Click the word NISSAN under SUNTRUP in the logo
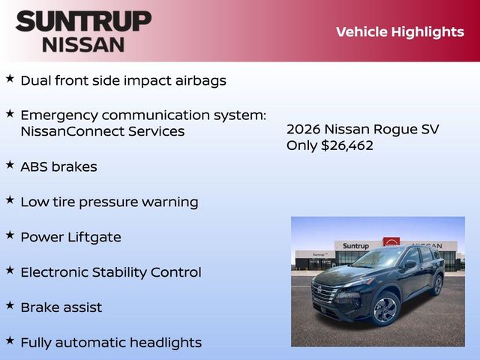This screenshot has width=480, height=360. point(83,43)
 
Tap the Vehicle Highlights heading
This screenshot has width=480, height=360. point(400,31)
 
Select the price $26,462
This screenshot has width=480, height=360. point(347,145)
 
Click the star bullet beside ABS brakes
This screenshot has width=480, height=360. point(10,164)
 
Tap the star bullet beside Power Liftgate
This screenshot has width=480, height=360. point(10,235)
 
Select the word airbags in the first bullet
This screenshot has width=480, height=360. point(199,80)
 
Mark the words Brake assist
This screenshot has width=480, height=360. point(61,307)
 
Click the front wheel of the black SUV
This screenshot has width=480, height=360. point(385,308)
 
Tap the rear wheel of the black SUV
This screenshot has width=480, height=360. point(437,285)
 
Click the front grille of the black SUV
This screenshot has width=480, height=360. point(325,292)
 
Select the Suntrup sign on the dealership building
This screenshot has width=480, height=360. point(355,246)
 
